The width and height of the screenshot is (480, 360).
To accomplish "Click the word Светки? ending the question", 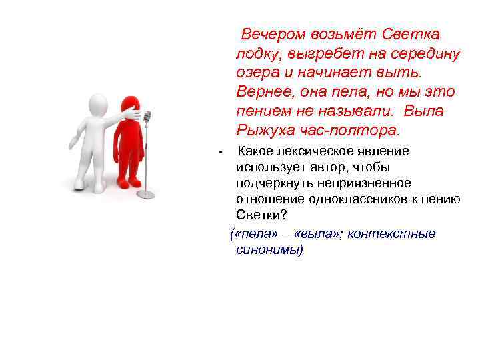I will coord(261,215).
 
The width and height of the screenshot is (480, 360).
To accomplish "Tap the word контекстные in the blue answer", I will coord(396,233).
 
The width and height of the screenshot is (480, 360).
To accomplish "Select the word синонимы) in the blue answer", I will coord(269,250).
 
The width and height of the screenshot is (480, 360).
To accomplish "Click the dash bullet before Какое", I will coord(220,151).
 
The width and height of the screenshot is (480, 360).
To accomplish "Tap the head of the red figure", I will coord(128,107).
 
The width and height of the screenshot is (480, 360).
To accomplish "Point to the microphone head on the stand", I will coord(147,118).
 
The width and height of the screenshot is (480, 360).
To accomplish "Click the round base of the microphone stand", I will coord(145,194).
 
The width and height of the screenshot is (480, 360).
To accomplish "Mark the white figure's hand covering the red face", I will coord(137,115).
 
